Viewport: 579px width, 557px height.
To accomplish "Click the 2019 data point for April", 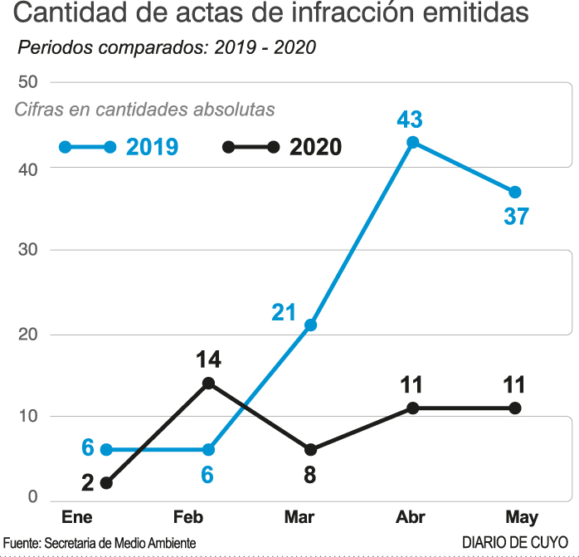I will click(412, 142).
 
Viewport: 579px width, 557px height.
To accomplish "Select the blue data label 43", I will click(410, 120).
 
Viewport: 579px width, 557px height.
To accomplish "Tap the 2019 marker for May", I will click(515, 192).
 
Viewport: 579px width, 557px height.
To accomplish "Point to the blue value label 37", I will click(516, 217).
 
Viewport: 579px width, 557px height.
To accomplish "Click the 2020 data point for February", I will click(208, 383).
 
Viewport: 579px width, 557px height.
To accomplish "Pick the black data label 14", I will click(208, 360).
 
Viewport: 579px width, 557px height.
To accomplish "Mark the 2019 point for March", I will click(310, 325).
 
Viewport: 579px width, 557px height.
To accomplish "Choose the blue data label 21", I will click(284, 313).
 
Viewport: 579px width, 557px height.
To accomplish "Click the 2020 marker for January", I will click(106, 482).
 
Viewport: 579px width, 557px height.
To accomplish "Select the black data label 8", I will click(310, 475).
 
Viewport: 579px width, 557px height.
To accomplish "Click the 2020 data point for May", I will click(515, 408).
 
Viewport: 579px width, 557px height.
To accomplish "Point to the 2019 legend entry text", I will click(153, 147).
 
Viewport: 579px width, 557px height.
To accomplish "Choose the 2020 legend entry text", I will click(316, 147).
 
